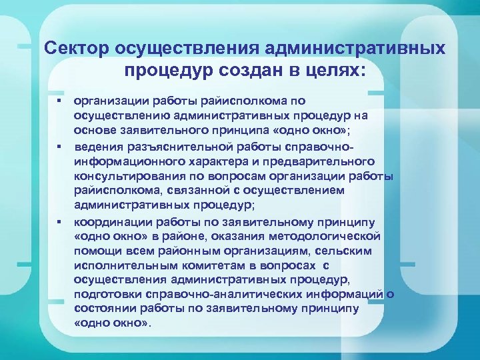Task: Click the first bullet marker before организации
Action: pos(59,101)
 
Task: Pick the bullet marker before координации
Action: pos(59,221)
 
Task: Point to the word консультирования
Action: pos(125,176)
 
